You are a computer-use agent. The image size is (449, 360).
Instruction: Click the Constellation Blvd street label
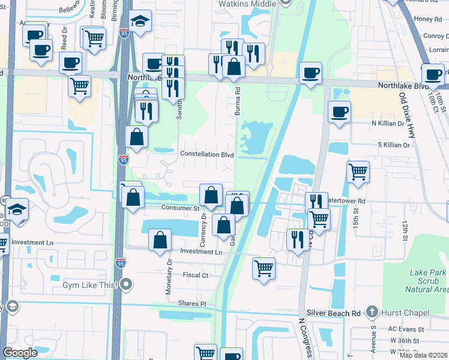(x=207, y=154)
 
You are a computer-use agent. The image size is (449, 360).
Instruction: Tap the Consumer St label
(x=180, y=208)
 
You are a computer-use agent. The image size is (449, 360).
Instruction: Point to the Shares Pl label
(x=191, y=304)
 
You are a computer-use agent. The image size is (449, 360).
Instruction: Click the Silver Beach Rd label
(x=333, y=313)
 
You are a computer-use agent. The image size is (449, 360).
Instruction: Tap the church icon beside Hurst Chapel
(x=372, y=312)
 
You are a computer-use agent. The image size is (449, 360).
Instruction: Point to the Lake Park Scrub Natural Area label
(x=429, y=281)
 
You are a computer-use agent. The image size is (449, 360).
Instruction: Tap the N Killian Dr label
(x=391, y=123)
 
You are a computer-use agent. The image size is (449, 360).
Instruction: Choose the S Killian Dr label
(x=393, y=145)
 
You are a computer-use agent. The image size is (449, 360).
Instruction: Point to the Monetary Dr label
(x=169, y=276)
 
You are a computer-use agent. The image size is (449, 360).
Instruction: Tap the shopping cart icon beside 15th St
(x=358, y=172)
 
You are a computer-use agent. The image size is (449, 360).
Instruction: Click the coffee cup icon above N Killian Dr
(x=339, y=111)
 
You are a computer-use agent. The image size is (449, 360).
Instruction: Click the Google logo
(x=20, y=353)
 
